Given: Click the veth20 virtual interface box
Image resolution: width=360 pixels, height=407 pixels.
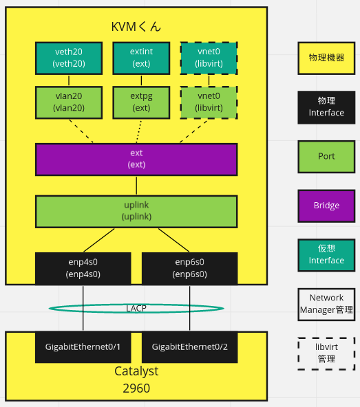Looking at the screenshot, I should click(68, 58).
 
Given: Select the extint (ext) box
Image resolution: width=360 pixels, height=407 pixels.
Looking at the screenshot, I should click(141, 58).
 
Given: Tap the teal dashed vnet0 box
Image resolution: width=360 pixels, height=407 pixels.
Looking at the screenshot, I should click(209, 58).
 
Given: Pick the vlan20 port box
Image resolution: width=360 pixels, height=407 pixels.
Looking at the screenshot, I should click(68, 102).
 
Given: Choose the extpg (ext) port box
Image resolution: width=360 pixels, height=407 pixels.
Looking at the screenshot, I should click(141, 102).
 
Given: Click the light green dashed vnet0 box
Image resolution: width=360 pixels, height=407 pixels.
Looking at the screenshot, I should click(209, 102).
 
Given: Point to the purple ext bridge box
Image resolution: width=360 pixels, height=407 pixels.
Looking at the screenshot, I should click(136, 159).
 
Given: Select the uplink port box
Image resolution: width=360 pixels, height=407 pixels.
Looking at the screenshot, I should click(136, 211).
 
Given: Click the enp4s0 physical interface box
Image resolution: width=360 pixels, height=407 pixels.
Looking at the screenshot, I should click(83, 268).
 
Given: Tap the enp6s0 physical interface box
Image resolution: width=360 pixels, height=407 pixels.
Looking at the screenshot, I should click(189, 268).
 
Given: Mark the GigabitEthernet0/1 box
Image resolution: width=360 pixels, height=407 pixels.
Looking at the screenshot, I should click(83, 346).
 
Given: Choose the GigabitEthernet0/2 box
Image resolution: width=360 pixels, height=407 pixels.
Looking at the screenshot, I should click(189, 346).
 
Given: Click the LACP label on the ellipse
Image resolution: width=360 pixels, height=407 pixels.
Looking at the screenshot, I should click(136, 308).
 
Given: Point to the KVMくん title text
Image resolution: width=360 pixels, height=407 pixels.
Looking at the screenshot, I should click(136, 27).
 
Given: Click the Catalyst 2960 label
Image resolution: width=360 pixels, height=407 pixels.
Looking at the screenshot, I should click(136, 379).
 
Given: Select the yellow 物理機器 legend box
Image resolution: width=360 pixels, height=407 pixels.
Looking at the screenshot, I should click(326, 58).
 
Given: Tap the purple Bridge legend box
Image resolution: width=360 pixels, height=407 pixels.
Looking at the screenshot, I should click(326, 206).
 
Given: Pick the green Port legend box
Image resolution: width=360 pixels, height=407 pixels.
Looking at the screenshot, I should click(326, 156).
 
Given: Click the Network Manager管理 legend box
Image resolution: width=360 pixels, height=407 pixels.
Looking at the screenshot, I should click(326, 305).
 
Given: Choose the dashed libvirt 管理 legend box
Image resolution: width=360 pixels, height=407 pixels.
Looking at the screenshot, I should click(326, 353).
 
